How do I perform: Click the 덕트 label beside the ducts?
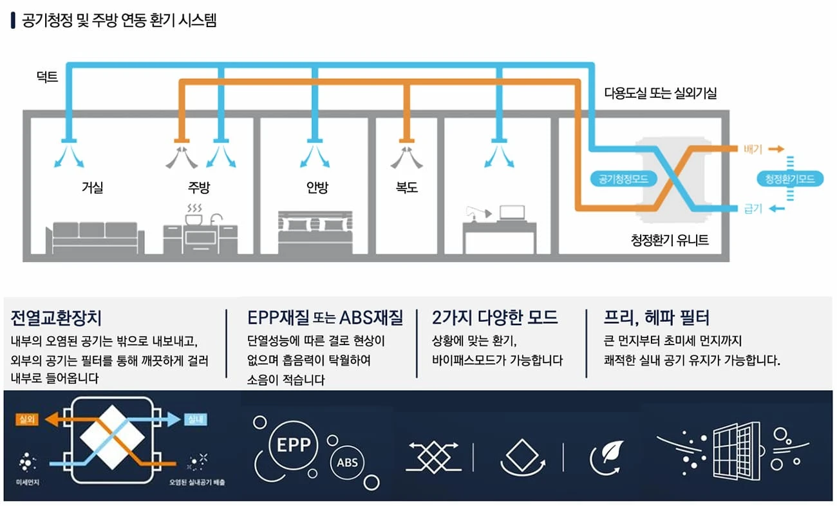click(x=47, y=77)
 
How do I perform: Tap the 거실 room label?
click(x=92, y=187)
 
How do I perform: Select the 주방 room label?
click(x=199, y=187)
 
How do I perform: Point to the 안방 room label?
click(x=317, y=187)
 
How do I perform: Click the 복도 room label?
click(x=407, y=187)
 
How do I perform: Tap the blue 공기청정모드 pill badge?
click(x=623, y=179)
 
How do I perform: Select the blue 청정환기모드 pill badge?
click(x=790, y=179)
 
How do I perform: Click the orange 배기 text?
click(x=753, y=149)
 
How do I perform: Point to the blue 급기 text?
click(x=753, y=209)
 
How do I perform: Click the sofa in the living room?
click(x=95, y=238)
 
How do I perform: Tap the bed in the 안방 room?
click(x=315, y=232)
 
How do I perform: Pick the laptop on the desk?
click(x=512, y=213)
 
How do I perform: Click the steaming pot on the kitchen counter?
click(x=194, y=215)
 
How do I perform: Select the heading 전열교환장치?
click(x=56, y=318)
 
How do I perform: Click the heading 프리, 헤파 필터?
click(x=656, y=317)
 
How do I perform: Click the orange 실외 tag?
click(x=27, y=419)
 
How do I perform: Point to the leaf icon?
click(x=612, y=451)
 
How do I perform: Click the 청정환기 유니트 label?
click(x=670, y=240)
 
